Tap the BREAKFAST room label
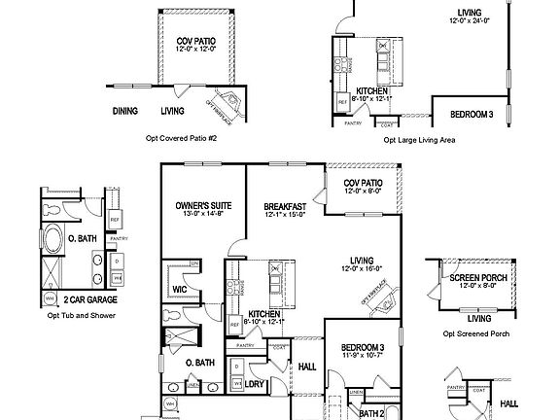[286, 207]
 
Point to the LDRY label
[256, 384]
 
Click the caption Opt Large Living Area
[420, 140]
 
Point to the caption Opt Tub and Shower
[75, 316]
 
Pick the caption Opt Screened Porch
[476, 333]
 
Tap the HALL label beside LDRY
[307, 367]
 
